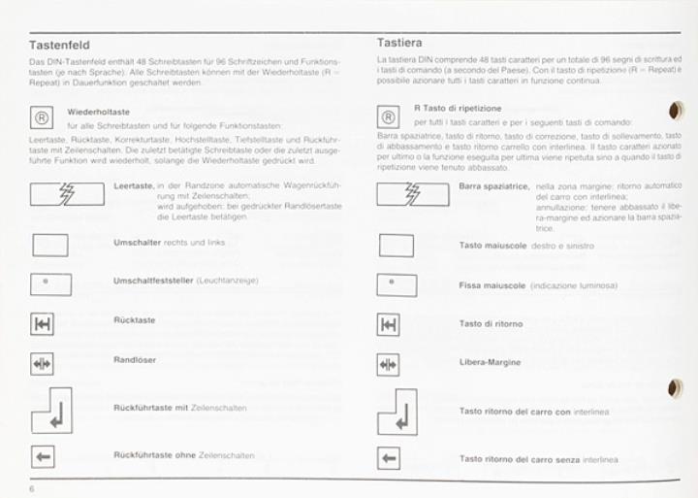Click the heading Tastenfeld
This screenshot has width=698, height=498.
[60, 45]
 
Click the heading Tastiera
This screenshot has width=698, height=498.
[400, 42]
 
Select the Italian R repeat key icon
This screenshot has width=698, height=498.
[388, 116]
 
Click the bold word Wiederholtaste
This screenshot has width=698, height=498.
[99, 112]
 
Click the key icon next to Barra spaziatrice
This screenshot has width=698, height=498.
[413, 193]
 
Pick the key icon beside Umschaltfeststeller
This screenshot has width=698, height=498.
[49, 284]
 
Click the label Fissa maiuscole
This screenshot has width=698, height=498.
[492, 285]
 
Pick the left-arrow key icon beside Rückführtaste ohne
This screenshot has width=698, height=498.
[43, 455]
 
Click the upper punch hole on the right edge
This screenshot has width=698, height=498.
[676, 112]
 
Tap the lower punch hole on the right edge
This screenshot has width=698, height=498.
[676, 389]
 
